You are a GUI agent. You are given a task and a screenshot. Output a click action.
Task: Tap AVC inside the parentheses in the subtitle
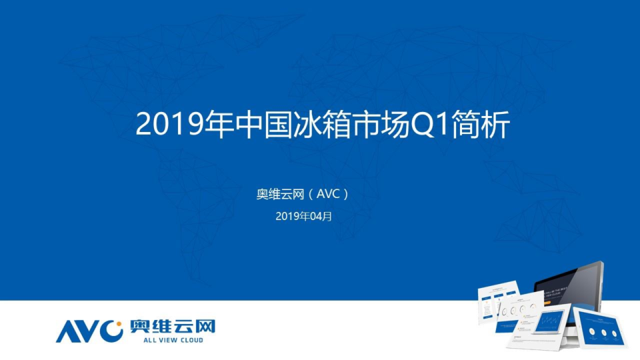pyautogui.click(x=328, y=194)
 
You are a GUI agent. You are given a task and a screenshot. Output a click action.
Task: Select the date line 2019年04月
pyautogui.click(x=303, y=216)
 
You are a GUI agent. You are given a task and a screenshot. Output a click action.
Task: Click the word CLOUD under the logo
pyautogui.click(x=189, y=340)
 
